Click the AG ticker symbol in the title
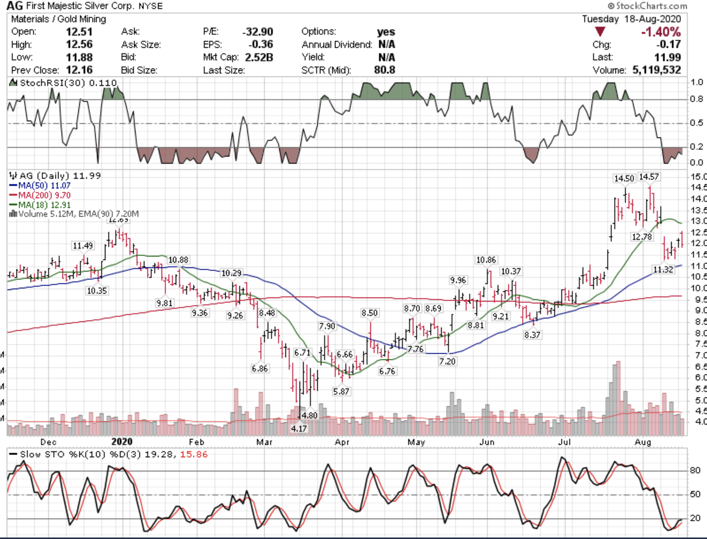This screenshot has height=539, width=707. [15, 6]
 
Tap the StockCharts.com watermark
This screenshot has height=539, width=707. [647, 6]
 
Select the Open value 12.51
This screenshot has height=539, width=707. [79, 32]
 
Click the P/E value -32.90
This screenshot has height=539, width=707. [258, 32]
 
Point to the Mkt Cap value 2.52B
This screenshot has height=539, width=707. [259, 57]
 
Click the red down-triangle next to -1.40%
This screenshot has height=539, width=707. [600, 32]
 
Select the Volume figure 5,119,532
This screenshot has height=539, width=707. [657, 70]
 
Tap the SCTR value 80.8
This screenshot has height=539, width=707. [385, 70]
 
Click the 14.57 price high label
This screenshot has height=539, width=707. [649, 177]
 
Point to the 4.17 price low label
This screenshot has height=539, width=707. [299, 428]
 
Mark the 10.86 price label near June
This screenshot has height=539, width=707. [486, 260]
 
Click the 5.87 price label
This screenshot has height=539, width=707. [341, 391]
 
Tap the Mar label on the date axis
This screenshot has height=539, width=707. [264, 442]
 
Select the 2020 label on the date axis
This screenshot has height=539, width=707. [122, 442]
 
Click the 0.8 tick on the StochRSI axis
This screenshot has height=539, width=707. [696, 99]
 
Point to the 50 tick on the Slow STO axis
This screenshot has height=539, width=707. [695, 494]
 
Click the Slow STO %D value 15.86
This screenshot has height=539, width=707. [194, 454]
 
